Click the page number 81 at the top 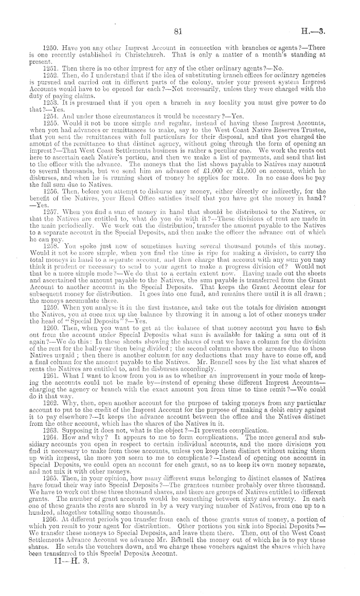(x=179, y=32)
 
